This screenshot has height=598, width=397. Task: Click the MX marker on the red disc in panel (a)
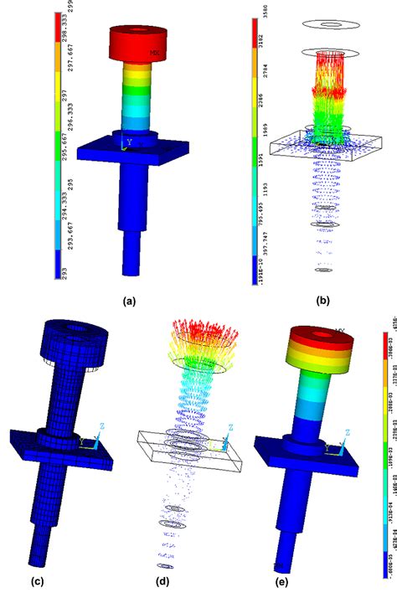154,52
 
